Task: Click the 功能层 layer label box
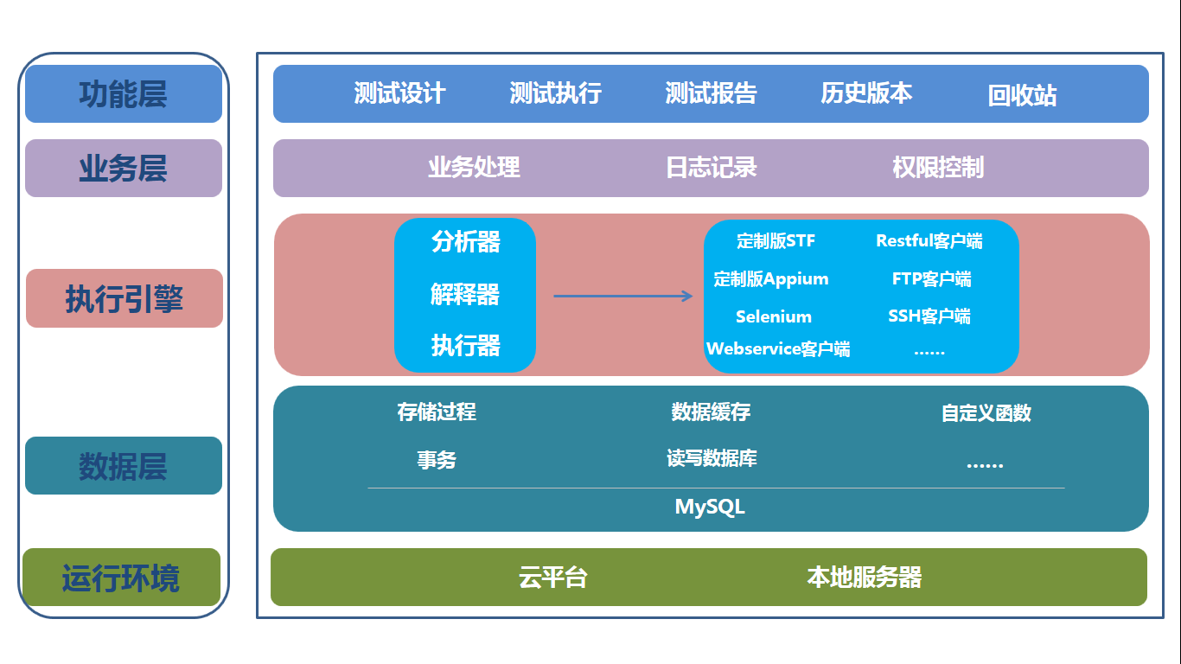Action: tap(124, 94)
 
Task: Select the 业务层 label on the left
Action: tap(124, 169)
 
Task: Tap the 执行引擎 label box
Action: tap(124, 299)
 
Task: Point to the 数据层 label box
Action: tap(124, 466)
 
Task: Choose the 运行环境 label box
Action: tap(121, 578)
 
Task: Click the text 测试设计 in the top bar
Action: tap(399, 93)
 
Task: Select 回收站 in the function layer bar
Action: tap(1022, 95)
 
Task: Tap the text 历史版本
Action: tap(866, 93)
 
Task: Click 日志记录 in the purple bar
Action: tap(712, 168)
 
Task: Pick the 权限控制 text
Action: tap(938, 168)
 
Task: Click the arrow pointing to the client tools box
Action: tap(622, 297)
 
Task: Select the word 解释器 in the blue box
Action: tap(465, 295)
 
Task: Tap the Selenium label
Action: tap(774, 316)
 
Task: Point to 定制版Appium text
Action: tap(771, 279)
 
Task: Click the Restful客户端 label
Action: tap(929, 241)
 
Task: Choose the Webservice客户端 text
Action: tap(778, 349)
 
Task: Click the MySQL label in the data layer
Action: tap(710, 507)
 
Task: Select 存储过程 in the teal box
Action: tap(437, 412)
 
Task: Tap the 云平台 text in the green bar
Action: tap(553, 578)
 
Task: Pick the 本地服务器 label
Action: tap(865, 578)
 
